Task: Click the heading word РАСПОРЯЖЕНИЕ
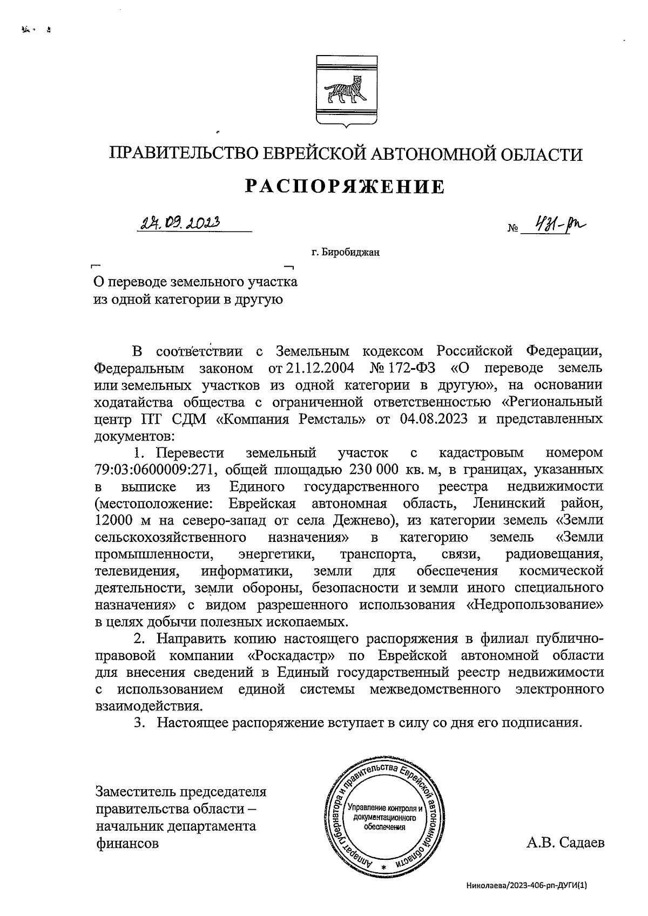346,186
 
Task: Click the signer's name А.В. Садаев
565,843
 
